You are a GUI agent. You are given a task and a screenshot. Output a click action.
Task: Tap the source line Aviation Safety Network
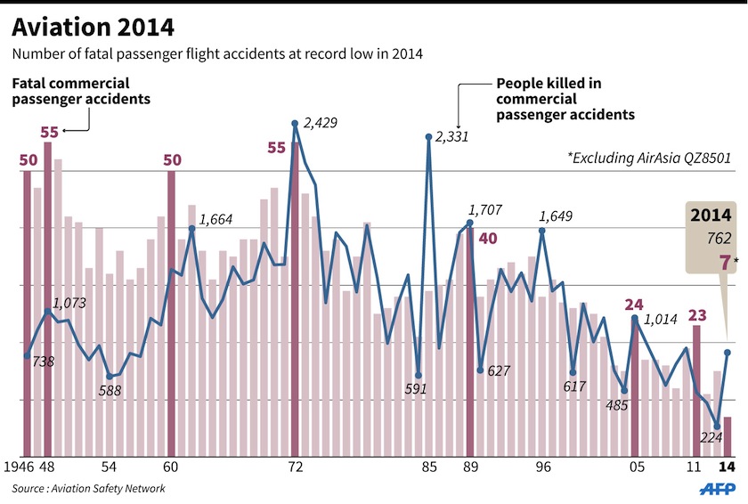click(88, 489)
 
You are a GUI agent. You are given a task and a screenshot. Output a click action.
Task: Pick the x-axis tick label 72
click(296, 467)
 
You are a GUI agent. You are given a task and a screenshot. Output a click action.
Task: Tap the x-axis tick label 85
click(429, 467)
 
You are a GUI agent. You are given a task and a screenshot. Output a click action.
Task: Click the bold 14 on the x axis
click(727, 467)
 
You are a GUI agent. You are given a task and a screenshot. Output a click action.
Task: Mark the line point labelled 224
click(717, 427)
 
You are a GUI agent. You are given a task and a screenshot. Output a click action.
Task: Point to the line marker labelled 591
click(419, 375)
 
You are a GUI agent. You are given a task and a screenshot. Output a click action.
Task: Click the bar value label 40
click(488, 239)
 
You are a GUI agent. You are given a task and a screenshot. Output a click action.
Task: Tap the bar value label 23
click(697, 314)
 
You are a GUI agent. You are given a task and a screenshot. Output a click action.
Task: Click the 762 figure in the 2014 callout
click(717, 238)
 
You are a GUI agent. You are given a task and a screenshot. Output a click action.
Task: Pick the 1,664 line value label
click(217, 219)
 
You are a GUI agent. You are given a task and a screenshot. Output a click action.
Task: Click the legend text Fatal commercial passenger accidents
click(81, 91)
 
